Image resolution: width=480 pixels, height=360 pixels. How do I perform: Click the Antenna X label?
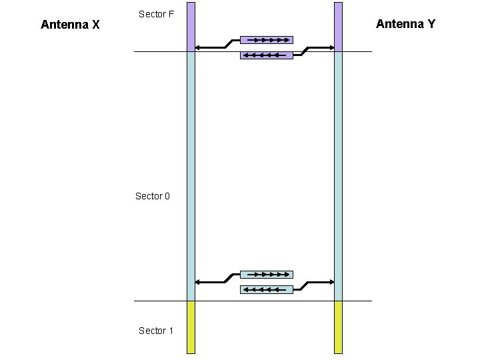[70, 25]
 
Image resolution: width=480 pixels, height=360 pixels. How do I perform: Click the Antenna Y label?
[405, 24]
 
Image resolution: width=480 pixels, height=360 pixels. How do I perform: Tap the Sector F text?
[156, 14]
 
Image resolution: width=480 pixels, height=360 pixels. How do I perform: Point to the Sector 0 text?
[153, 196]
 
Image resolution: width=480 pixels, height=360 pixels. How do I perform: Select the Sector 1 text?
[156, 331]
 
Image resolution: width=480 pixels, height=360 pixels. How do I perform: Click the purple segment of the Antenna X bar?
[191, 27]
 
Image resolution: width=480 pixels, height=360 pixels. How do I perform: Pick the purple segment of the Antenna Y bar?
[338, 27]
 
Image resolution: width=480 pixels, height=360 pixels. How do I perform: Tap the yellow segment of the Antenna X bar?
[191, 327]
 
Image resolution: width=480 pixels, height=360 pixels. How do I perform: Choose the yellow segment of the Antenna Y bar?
[338, 327]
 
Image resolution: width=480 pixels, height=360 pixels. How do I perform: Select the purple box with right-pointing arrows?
[266, 39]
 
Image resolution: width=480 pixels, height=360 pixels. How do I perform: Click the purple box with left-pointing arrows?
[266, 55]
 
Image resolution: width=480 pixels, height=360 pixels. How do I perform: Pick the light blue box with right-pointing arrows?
[266, 274]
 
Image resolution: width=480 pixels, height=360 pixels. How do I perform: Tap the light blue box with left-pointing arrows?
[266, 289]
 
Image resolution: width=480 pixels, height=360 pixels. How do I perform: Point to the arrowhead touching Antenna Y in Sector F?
[331, 47]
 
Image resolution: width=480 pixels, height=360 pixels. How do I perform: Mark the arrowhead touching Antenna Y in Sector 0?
[331, 282]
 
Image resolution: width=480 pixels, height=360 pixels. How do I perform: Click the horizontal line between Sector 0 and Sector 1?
[253, 301]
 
